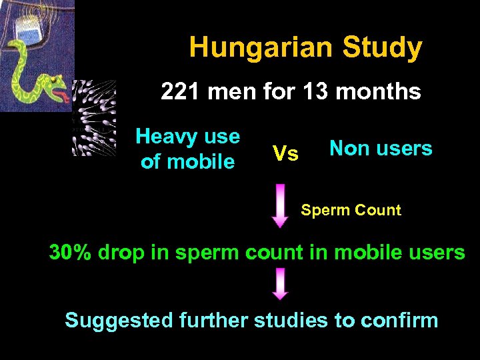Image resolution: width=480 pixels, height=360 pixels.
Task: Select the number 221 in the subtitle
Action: click(181, 91)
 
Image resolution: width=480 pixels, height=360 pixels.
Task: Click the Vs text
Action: click(286, 154)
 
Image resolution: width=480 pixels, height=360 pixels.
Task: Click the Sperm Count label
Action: click(351, 211)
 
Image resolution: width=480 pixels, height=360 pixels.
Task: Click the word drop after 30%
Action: click(123, 253)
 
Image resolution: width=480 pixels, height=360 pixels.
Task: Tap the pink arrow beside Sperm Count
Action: click(281, 206)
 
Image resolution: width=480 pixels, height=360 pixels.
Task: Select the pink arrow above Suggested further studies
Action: click(281, 284)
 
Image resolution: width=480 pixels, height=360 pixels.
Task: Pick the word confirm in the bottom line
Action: click(399, 321)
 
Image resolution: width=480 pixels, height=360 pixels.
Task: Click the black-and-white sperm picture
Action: click(94, 118)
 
